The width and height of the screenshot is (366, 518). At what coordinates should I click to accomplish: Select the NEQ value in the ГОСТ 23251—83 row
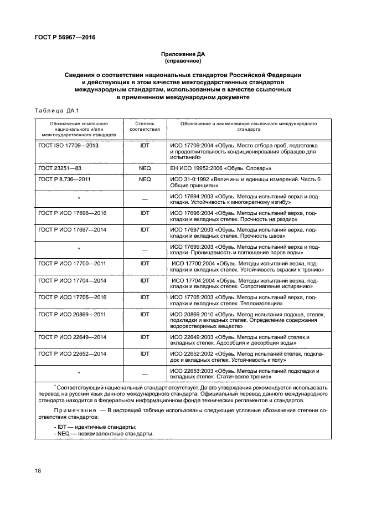145,167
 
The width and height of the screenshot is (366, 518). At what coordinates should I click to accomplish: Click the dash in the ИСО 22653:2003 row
145,373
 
